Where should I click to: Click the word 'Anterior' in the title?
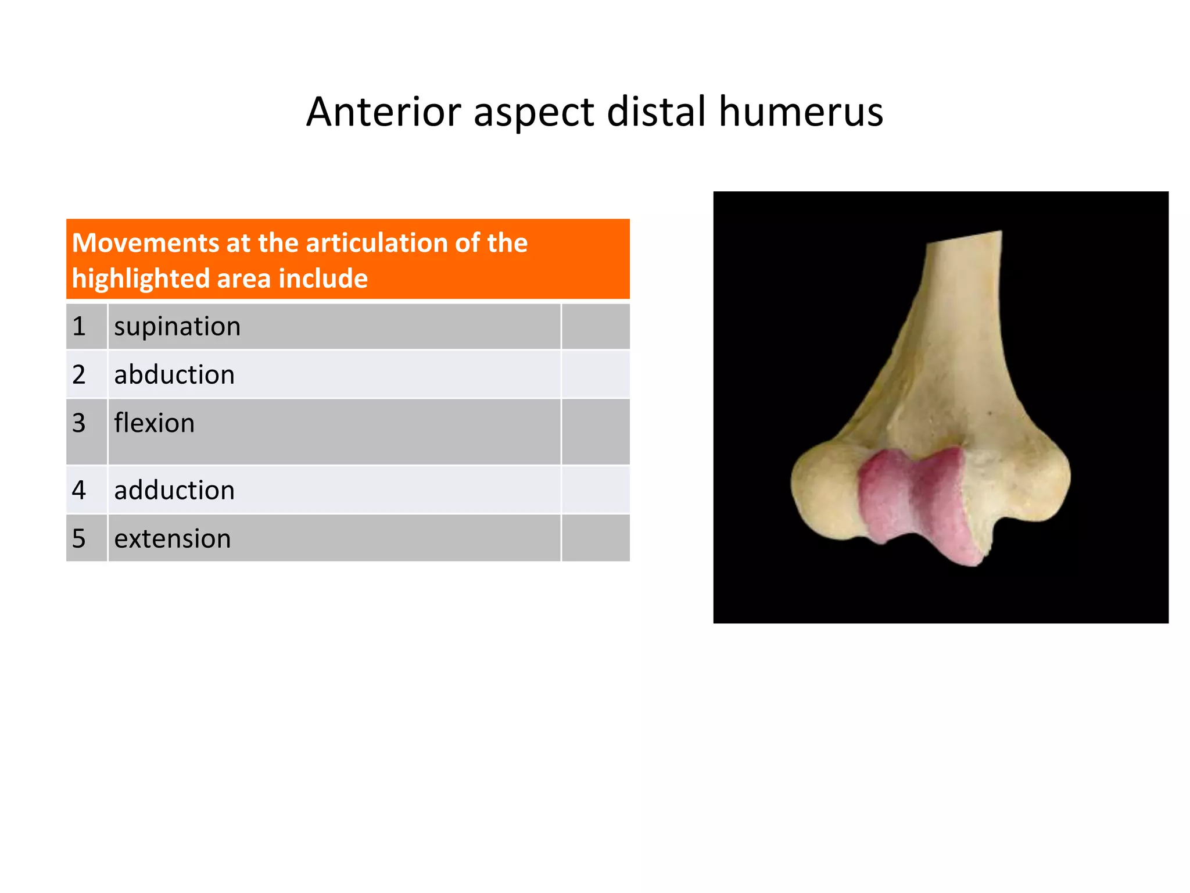click(x=383, y=112)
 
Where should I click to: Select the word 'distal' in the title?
click(x=656, y=112)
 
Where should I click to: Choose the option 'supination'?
click(x=177, y=327)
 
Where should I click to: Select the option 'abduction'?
click(x=174, y=375)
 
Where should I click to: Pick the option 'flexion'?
click(x=154, y=423)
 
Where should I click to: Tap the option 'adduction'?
click(x=174, y=491)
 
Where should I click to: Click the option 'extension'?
click(x=173, y=539)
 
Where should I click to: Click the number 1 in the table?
click(x=79, y=327)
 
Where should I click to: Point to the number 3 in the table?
click(x=79, y=423)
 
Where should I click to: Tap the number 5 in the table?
click(x=79, y=539)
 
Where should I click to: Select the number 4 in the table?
click(x=79, y=491)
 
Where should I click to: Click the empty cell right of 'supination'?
click(x=596, y=327)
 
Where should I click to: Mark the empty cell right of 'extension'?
click(x=596, y=538)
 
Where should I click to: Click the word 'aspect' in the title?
click(x=533, y=112)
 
